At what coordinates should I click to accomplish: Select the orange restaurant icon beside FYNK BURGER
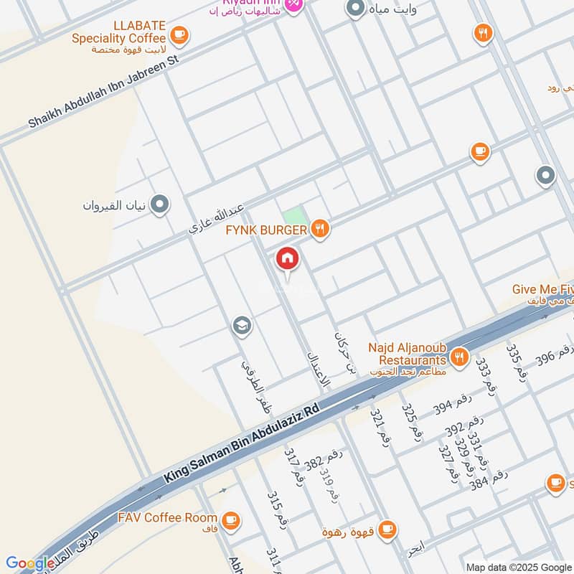pos(320,229)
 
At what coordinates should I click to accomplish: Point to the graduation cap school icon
pos(242,326)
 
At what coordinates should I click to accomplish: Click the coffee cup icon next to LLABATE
pos(179,33)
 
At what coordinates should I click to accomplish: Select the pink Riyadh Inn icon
pos(293,4)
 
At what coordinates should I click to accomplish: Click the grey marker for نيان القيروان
pos(160,205)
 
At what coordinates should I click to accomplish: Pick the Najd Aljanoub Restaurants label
pos(408,352)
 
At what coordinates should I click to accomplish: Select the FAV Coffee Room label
pos(169,517)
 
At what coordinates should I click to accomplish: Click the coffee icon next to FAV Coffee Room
pos(230,519)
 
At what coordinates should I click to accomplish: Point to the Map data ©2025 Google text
pos(518,567)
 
